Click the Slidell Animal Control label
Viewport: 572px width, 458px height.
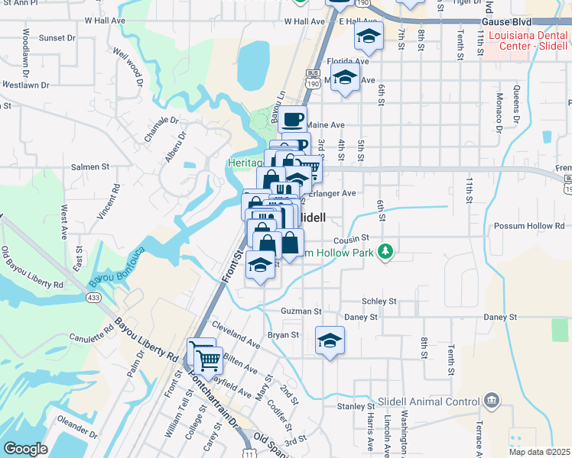click(x=433, y=401)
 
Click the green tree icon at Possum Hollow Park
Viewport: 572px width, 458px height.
click(x=388, y=251)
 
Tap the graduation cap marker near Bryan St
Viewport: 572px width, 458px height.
click(x=330, y=340)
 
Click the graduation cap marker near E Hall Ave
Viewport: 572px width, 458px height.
click(x=369, y=36)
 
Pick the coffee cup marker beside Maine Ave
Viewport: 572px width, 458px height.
click(x=293, y=119)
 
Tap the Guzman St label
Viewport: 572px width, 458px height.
click(x=301, y=311)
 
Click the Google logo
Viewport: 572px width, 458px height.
click(x=25, y=449)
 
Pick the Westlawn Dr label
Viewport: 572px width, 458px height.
click(x=25, y=85)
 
